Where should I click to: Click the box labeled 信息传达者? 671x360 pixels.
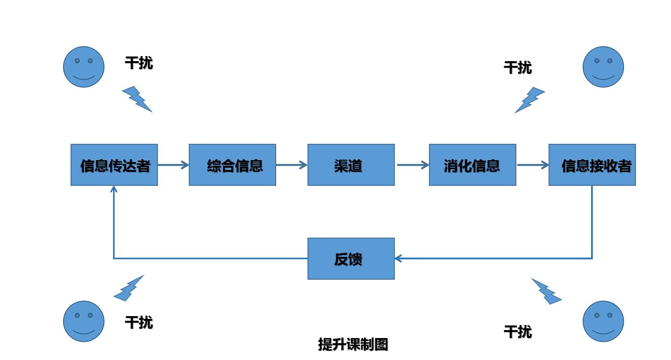point(114,165)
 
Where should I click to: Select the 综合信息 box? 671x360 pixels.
point(232,165)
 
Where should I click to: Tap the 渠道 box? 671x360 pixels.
point(351,165)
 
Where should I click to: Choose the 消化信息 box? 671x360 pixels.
point(472,165)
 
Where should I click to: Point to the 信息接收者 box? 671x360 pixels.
point(592,165)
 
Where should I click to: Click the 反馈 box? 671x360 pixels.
point(351,259)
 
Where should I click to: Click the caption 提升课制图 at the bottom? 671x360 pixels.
point(353,345)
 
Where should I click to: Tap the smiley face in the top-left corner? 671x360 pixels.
point(84,67)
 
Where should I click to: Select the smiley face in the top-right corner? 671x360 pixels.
point(603,67)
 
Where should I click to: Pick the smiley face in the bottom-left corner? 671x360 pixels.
point(84,321)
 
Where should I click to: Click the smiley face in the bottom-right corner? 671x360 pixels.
point(603,321)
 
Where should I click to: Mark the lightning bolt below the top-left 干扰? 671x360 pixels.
point(136,99)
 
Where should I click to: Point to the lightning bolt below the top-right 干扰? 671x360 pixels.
point(530,100)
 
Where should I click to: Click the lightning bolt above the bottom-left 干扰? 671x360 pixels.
point(128,288)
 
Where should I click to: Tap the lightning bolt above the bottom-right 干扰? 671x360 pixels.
point(546,292)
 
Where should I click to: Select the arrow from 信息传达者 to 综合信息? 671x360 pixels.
point(173,165)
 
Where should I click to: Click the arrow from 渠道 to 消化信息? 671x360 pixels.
point(413,165)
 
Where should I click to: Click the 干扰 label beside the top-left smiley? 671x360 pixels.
point(139,63)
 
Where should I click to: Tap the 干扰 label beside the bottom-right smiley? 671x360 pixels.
point(518,332)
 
